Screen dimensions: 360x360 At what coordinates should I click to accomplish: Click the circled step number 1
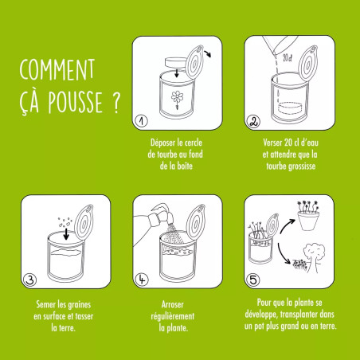140,121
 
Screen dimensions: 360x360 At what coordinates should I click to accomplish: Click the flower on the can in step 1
175,98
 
